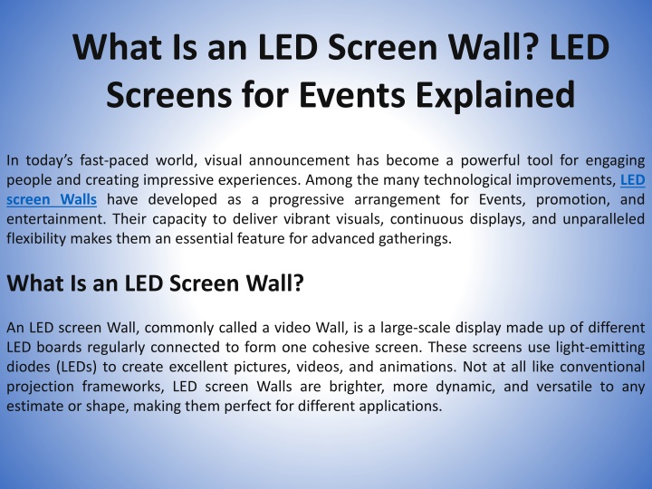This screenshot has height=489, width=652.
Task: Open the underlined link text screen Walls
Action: click(52, 199)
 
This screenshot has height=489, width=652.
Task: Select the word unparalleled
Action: click(603, 219)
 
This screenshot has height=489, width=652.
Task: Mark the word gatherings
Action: click(415, 239)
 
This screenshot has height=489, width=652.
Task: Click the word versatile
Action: click(564, 387)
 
